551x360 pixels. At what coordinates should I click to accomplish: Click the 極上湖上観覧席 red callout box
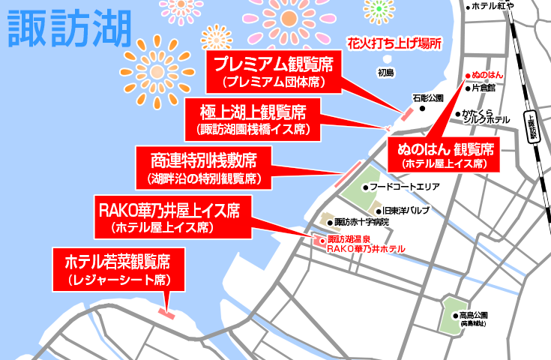(253, 120)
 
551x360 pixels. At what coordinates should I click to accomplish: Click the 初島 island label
(385, 73)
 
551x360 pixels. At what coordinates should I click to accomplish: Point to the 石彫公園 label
(427, 98)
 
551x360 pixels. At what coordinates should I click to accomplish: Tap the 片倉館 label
(484, 88)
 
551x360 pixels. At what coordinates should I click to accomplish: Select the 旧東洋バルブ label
(406, 211)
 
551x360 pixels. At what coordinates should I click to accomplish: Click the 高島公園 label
(475, 316)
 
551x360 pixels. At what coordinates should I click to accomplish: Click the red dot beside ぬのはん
(466, 76)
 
